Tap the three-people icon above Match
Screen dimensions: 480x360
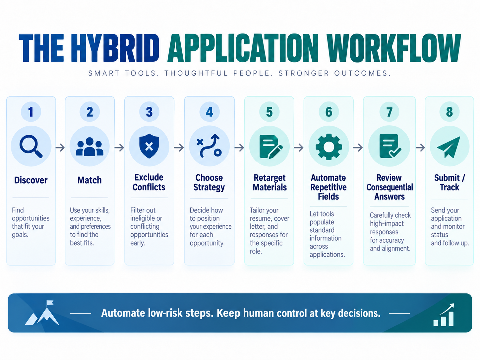coord(90,147)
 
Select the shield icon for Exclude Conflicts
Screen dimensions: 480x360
coord(149,146)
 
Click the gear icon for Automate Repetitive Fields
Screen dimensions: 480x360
coord(329,147)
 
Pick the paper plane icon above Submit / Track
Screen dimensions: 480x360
coord(449,147)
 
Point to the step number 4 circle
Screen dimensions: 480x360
coord(209,112)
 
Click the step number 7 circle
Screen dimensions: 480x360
coord(389,112)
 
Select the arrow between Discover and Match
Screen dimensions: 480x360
coord(60,148)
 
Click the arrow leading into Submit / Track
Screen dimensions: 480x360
coord(420,148)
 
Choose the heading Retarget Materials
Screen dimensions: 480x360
coord(270,183)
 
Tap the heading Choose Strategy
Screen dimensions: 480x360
coord(209,183)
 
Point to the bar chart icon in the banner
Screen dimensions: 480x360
coord(444,315)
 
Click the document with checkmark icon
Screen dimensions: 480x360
coord(390,146)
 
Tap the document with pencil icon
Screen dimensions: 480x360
coord(271,147)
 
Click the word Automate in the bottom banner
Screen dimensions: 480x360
coord(123,313)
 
